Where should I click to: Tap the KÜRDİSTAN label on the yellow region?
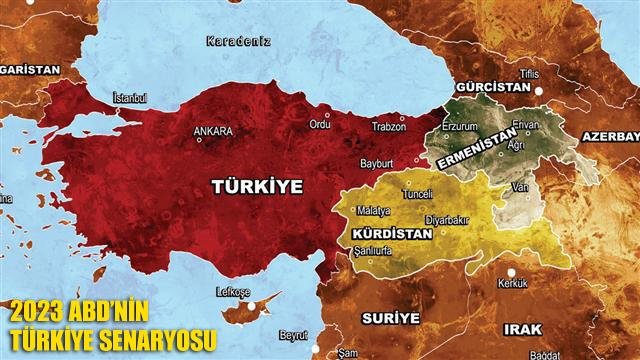click(393, 233)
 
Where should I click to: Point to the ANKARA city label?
click(214, 131)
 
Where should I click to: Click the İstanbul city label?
click(130, 97)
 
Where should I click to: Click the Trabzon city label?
click(389, 125)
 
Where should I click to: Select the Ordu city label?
click(320, 125)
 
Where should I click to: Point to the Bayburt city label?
click(377, 162)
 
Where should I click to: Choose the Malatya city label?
click(361, 213)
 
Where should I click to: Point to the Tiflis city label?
click(529, 75)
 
